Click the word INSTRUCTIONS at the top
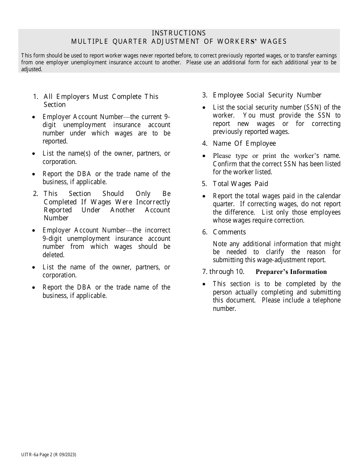pos(179,33)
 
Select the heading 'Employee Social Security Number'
pos(267,95)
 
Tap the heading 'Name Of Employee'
pos(244,143)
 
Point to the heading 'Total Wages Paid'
pos(240,184)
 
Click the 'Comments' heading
pos(229,232)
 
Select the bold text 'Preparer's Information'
pos(291,272)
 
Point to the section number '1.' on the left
pos(36,97)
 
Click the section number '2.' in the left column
pos(36,194)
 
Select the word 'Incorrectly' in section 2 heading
pos(153,202)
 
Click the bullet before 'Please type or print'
pos(205,156)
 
